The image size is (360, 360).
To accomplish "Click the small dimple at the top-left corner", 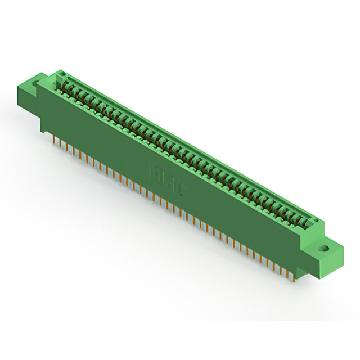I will [62, 73].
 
